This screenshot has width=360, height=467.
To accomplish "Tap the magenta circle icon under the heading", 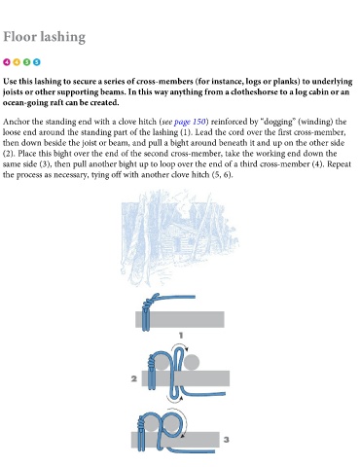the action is point(7,62).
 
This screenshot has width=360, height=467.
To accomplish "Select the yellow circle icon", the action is point(17,62).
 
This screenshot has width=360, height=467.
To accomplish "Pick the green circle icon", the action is point(26,62).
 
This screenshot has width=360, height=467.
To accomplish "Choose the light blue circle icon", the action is point(37,62).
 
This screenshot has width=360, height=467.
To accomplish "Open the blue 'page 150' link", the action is point(190,122).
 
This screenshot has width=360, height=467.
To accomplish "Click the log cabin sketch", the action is point(180,238).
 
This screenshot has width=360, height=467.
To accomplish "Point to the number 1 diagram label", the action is point(181,336).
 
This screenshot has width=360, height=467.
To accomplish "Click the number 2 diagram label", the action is point(134,378).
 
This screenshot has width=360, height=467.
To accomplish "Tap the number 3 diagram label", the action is point(227,440).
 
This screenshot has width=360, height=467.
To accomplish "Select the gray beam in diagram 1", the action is point(180,319).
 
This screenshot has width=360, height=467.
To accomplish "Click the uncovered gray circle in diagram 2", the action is point(192,363).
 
